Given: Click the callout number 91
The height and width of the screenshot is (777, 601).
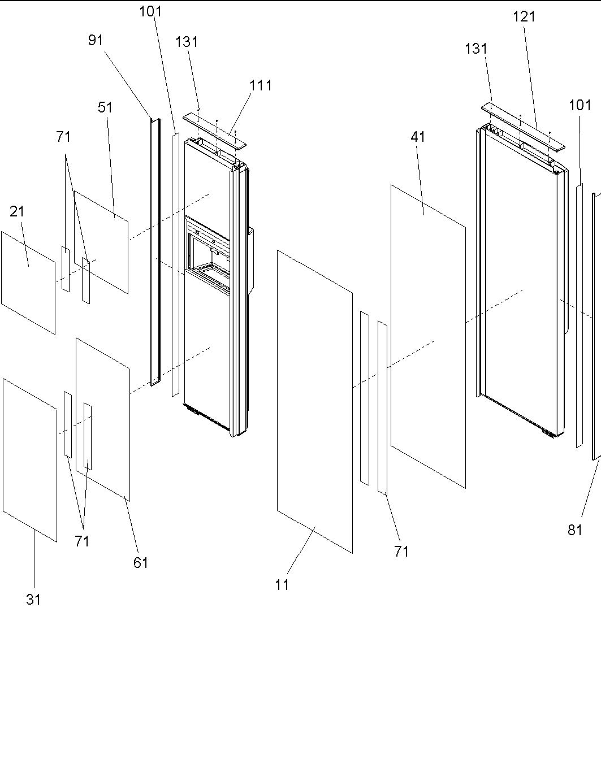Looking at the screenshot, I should tap(96, 40).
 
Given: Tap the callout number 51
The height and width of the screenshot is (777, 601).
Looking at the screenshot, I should tap(105, 107).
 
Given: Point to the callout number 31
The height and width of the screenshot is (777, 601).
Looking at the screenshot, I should tap(33, 600).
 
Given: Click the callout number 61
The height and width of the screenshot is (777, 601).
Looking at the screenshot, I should tap(140, 562).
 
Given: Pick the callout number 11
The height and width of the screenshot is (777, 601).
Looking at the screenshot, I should tap(282, 585).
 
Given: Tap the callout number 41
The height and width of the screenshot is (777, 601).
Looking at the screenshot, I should tap(418, 137).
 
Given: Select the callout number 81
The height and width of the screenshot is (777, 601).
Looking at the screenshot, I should tap(575, 529).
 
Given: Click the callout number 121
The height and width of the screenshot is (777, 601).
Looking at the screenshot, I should tap(524, 17).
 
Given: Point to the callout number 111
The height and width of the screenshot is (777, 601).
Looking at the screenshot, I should tap(261, 85).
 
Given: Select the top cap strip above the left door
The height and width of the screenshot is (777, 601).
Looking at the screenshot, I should tap(215, 129).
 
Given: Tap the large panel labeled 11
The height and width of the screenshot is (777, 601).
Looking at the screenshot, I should tap(314, 401).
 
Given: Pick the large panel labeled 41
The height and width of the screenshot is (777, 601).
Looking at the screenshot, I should tap(428, 333).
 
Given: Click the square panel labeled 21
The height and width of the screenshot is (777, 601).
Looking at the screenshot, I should tap(28, 283).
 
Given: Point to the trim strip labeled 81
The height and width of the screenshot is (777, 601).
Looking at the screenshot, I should tap(595, 328).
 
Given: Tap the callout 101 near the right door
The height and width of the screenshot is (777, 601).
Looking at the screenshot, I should tap(580, 105).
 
